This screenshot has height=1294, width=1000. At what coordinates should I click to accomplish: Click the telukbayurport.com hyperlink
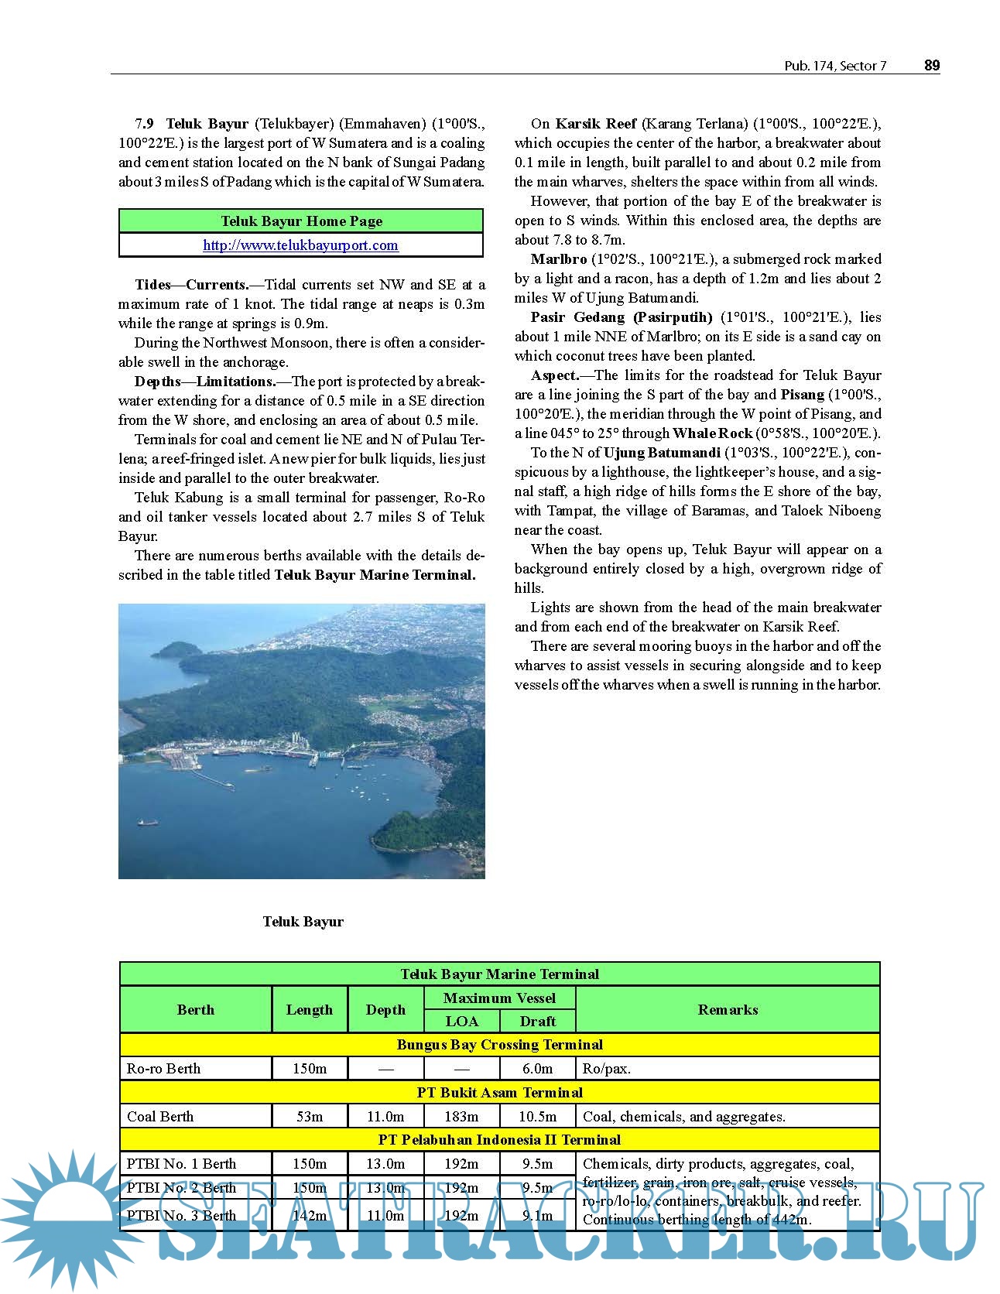point(300,245)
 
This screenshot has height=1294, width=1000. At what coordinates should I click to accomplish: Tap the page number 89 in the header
point(932,66)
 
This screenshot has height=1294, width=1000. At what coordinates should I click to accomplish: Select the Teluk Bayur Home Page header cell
point(301,221)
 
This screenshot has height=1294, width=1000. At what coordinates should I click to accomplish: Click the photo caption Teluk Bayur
point(303,921)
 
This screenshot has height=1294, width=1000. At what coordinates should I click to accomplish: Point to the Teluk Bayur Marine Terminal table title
point(499,974)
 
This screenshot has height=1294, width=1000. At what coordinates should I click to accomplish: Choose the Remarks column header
point(728,1009)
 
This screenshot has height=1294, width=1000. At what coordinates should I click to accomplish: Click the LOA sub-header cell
point(462,1021)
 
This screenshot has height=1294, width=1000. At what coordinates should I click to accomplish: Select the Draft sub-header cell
point(538,1021)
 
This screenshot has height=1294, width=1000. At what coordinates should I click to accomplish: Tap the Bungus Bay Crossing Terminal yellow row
point(499,1045)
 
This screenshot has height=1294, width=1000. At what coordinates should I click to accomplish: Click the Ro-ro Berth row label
point(164,1069)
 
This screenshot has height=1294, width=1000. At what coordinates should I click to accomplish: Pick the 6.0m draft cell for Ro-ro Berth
point(538,1069)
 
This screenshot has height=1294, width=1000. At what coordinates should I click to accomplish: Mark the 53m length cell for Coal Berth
point(310,1116)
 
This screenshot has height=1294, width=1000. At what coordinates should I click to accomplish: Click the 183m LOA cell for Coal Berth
point(462,1116)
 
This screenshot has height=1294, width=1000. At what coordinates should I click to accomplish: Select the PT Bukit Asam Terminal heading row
point(499,1092)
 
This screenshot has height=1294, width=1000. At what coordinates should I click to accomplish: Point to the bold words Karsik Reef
point(596,124)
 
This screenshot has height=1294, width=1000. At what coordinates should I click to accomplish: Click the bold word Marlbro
point(559,259)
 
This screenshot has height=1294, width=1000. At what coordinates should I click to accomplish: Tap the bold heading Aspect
point(554,375)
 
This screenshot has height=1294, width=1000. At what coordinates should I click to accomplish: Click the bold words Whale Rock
point(712,433)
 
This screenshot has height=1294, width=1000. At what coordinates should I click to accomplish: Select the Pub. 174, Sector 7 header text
point(835,67)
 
